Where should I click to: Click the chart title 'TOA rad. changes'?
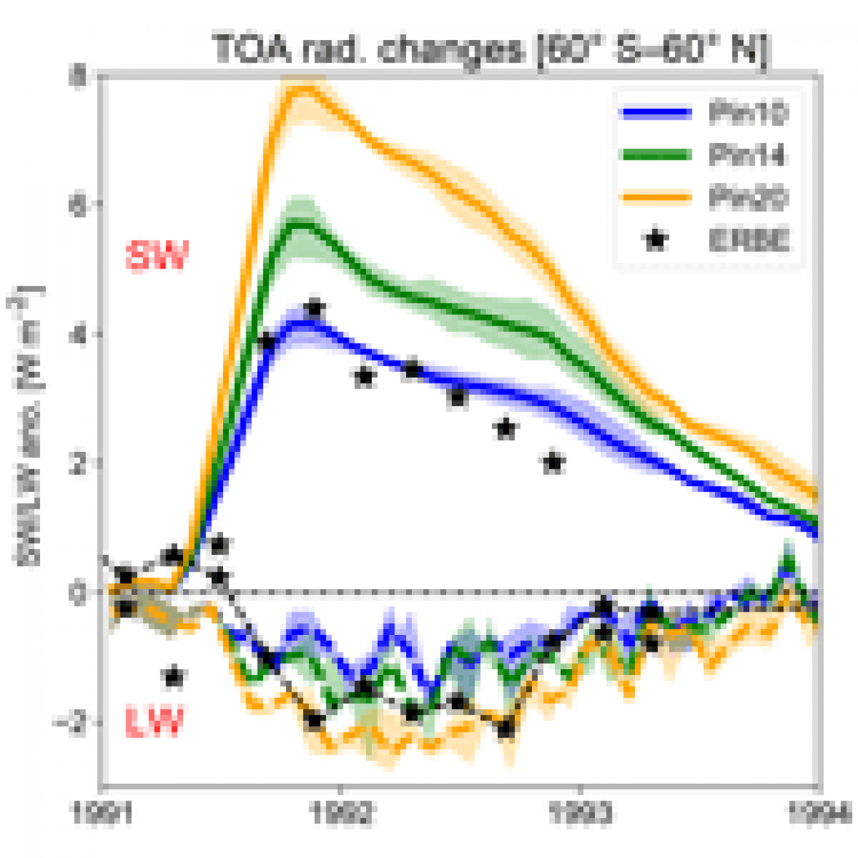pyautogui.click(x=490, y=50)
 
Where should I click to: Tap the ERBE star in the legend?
pyautogui.click(x=657, y=239)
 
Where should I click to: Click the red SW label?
pyautogui.click(x=157, y=257)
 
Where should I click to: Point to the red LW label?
pyautogui.click(x=153, y=722)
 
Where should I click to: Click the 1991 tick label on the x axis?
pyautogui.click(x=103, y=812)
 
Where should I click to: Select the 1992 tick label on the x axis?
pyautogui.click(x=340, y=812)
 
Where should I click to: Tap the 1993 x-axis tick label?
pyautogui.click(x=580, y=812)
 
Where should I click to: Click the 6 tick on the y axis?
pyautogui.click(x=76, y=203)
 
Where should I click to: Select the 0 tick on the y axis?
pyautogui.click(x=76, y=591)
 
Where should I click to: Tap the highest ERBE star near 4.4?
pyautogui.click(x=315, y=308)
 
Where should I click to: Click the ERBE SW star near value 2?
pyautogui.click(x=553, y=462)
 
